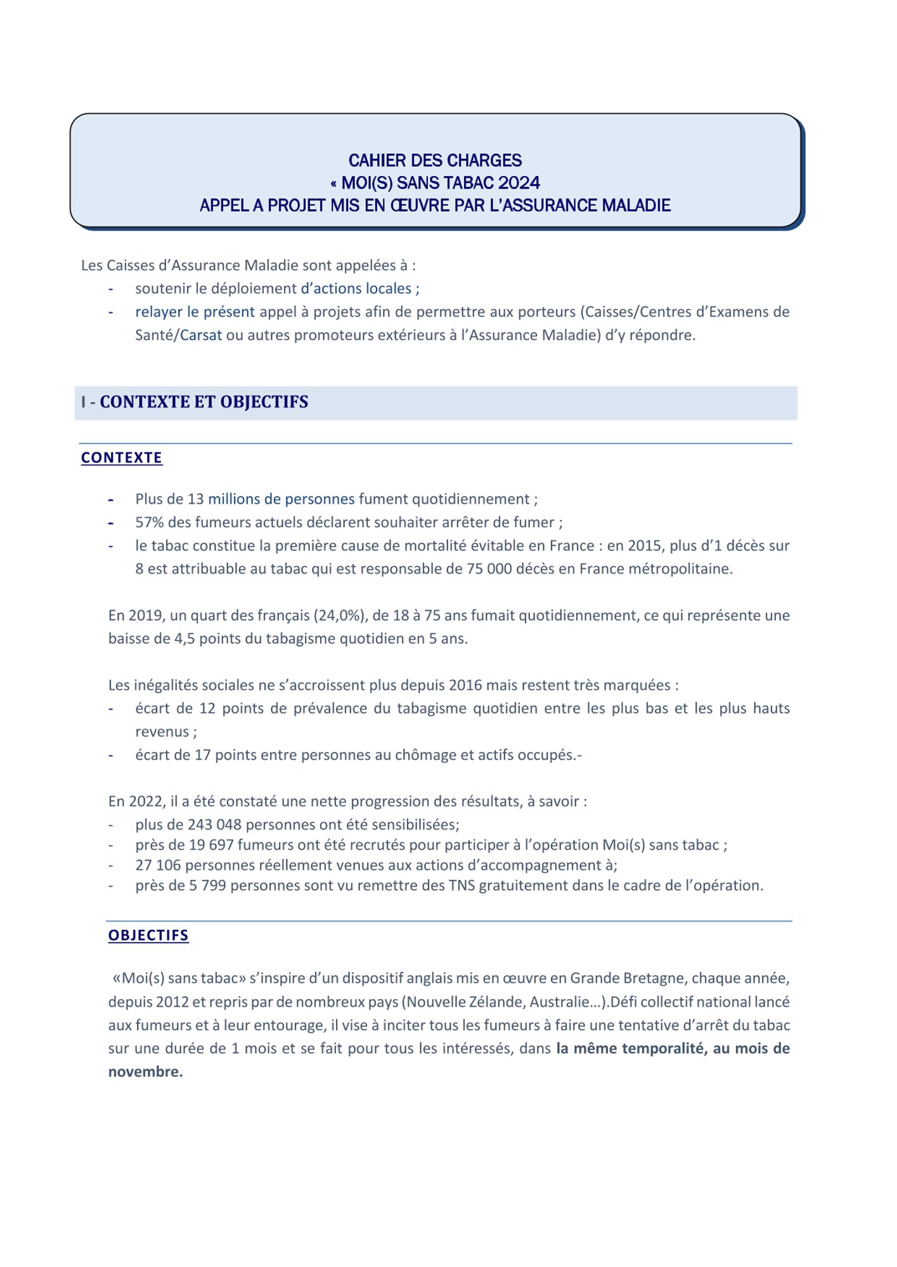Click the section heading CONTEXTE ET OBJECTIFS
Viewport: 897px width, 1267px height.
[203, 402]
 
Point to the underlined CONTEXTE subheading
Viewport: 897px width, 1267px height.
[122, 457]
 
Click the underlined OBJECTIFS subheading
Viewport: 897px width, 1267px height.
[148, 935]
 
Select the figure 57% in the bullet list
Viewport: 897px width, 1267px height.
[150, 522]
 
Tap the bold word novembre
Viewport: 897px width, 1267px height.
[145, 1071]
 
